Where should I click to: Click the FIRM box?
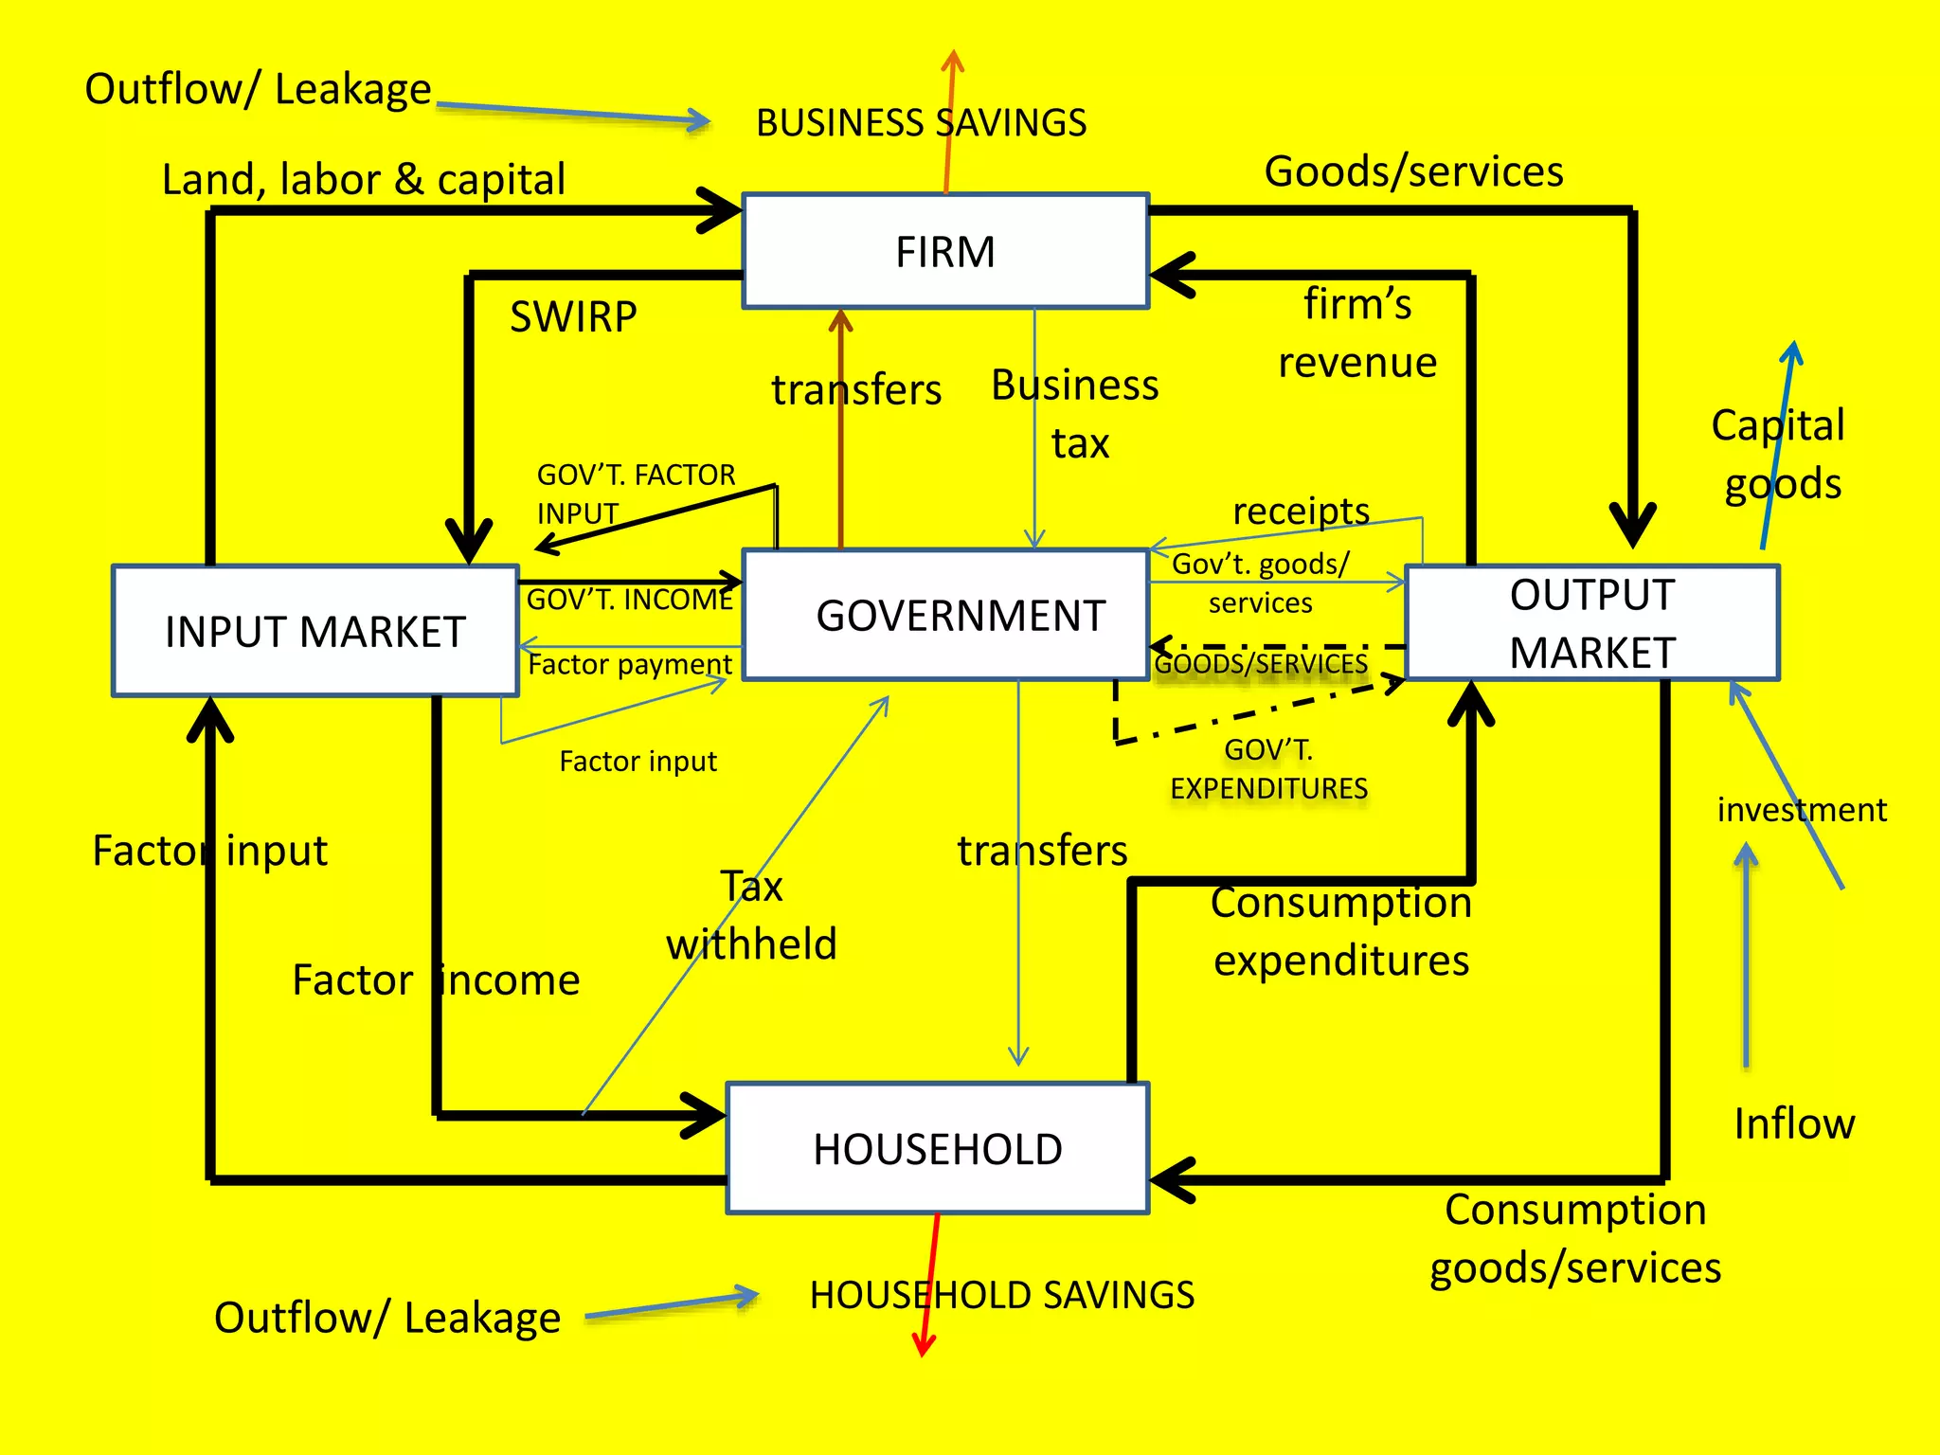[945, 252]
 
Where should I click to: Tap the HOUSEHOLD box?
[937, 1148]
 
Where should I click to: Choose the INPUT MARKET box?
[314, 632]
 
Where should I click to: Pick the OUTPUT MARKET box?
[1592, 623]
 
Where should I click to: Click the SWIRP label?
[573, 316]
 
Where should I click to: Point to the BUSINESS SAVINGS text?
[921, 123]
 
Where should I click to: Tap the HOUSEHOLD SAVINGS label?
[1001, 1295]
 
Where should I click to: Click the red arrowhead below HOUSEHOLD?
[924, 1345]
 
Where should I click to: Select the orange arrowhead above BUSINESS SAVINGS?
[953, 61]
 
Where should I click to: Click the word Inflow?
[1793, 1123]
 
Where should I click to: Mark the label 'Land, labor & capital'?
[364, 179]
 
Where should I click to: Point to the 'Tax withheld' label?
[751, 915]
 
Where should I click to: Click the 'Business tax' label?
[1075, 414]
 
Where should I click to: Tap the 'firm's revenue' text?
[1356, 333]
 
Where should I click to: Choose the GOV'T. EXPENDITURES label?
[1268, 768]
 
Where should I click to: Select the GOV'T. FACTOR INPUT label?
[636, 494]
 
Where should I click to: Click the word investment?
[1801, 810]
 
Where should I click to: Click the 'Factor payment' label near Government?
[629, 664]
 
